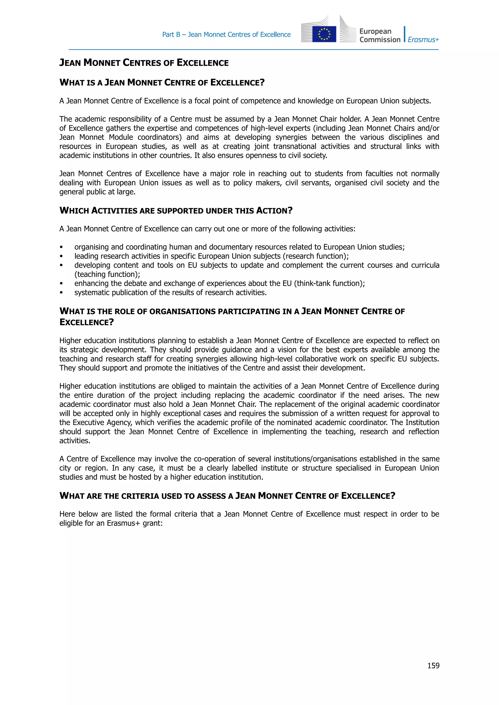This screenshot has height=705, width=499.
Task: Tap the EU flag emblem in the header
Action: (x=324, y=34)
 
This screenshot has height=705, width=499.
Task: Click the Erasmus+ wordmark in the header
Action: (x=423, y=40)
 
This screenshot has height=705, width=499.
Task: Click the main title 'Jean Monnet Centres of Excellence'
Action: (x=144, y=63)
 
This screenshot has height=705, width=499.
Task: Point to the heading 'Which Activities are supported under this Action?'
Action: (x=176, y=211)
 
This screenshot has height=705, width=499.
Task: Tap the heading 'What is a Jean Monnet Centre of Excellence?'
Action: (x=162, y=83)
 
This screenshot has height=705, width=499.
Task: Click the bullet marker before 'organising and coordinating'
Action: (x=61, y=247)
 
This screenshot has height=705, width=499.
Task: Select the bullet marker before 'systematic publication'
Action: (x=61, y=293)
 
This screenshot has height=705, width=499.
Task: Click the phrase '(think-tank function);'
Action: (x=329, y=283)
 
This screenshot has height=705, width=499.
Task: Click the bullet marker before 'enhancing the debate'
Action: (x=61, y=283)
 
